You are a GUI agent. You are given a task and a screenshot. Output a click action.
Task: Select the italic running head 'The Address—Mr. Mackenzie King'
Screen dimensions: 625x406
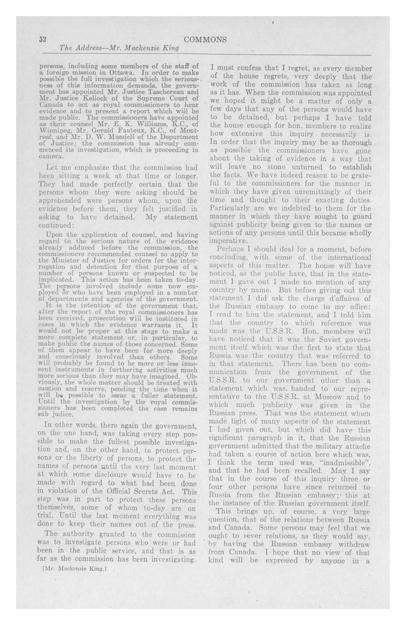pyautogui.click(x=119, y=48)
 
